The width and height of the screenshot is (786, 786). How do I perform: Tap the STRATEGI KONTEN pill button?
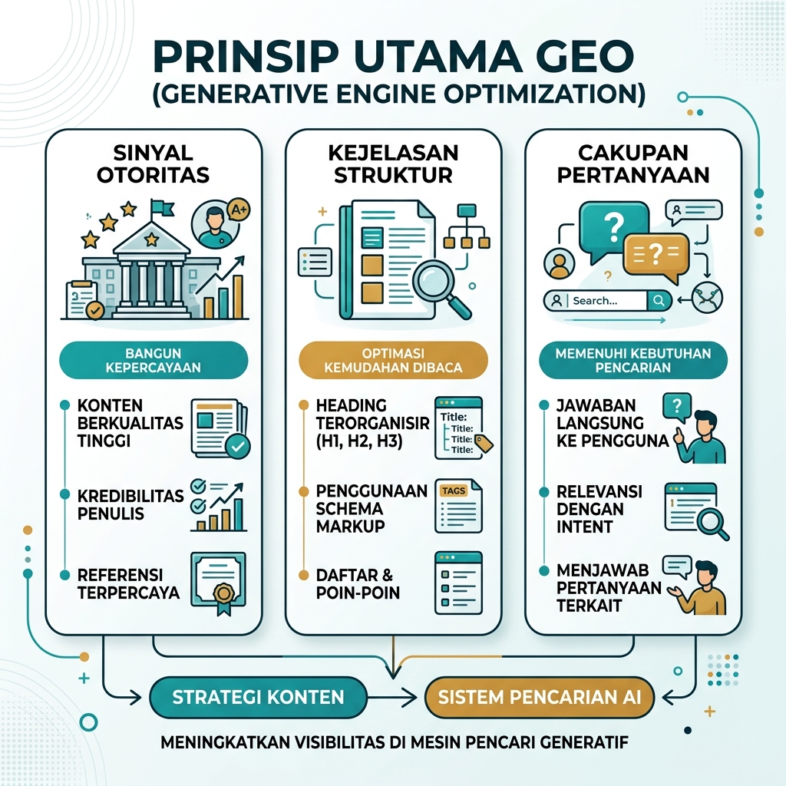pos(258,697)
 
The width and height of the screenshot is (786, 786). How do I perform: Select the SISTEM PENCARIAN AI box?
pos(540,697)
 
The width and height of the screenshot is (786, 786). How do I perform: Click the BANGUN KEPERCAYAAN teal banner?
pos(154,360)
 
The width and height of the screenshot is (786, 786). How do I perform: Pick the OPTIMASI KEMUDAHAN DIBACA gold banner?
pos(393,360)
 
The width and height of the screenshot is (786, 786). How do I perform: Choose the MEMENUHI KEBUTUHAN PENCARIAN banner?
pos(633,360)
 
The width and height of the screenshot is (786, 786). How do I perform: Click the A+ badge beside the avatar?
pos(239,210)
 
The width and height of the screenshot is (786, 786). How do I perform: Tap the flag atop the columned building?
pos(161,207)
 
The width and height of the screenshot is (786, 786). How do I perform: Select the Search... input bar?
pos(607,301)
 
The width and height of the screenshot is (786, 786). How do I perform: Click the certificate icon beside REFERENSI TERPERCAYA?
pos(219,583)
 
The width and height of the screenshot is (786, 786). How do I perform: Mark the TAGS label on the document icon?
pos(453,490)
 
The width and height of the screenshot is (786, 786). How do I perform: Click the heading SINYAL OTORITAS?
pos(154,163)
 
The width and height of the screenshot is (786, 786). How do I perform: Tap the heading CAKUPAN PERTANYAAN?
pos(633,163)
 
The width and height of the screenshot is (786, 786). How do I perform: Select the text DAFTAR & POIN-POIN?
pos(358,583)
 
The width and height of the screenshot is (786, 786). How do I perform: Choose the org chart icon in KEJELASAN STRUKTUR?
pos(467,226)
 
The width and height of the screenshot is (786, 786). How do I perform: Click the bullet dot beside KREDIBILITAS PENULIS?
pos(64,495)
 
